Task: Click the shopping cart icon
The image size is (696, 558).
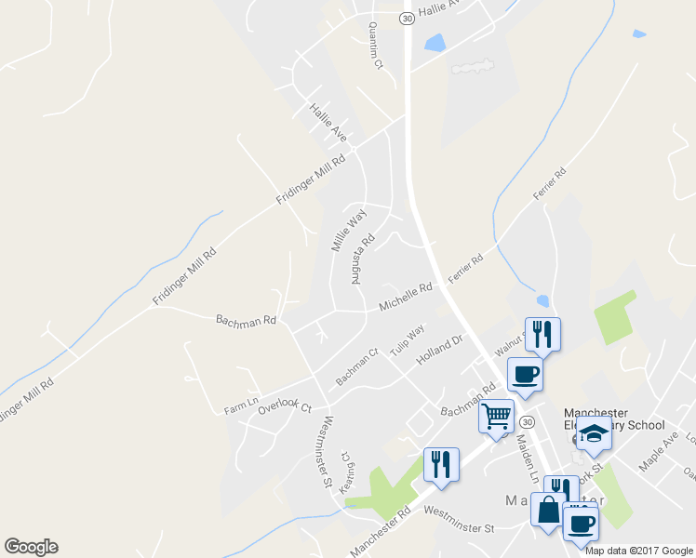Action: pyautogui.click(x=497, y=415)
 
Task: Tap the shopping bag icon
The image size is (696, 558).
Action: pyautogui.click(x=548, y=510)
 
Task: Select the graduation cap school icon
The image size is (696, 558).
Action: pyautogui.click(x=594, y=432)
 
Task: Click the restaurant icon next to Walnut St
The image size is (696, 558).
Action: pyautogui.click(x=542, y=334)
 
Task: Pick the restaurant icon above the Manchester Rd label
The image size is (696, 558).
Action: pyautogui.click(x=441, y=464)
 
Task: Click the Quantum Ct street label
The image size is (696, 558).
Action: pyautogui.click(x=375, y=46)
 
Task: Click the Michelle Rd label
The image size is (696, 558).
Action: pyautogui.click(x=406, y=298)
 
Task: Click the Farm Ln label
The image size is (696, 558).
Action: pyautogui.click(x=239, y=407)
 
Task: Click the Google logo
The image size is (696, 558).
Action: pyautogui.click(x=31, y=547)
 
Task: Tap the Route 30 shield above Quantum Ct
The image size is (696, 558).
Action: pyautogui.click(x=407, y=18)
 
